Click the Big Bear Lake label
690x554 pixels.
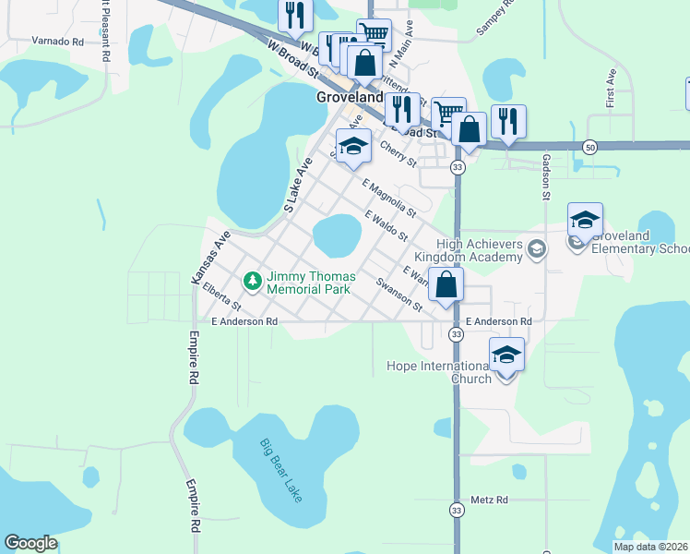point(280,471)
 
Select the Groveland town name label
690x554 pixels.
point(350,96)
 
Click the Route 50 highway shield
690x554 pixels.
point(588,147)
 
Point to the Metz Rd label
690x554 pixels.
point(489,500)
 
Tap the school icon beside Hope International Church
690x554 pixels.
point(506,355)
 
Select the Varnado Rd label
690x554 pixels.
point(57,42)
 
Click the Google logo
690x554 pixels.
point(30,543)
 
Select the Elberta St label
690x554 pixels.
point(222,295)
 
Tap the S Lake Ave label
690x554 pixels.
point(299,185)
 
